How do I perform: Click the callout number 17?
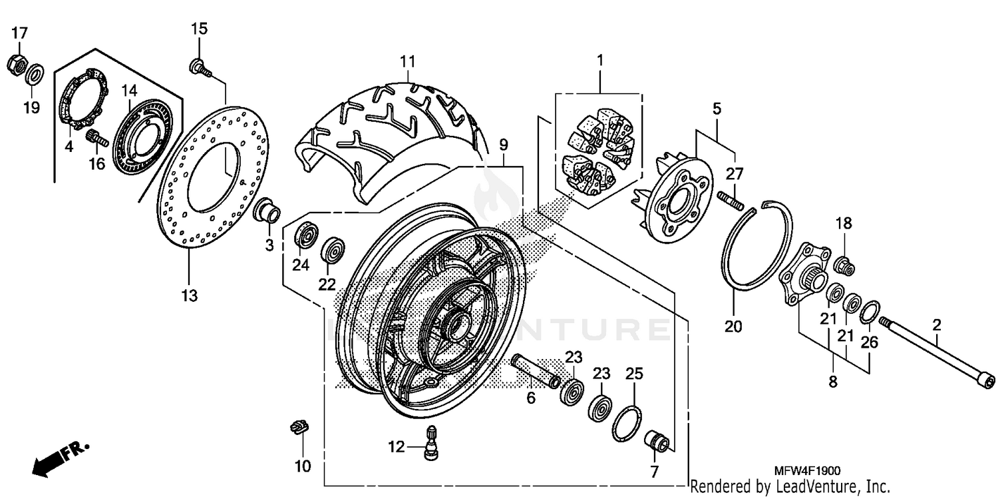coord(19,33)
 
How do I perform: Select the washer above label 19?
coord(35,72)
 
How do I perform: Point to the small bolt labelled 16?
coord(97,139)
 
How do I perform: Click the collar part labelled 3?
coord(268,211)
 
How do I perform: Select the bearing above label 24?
coord(306,235)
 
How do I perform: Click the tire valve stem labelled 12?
coord(430,441)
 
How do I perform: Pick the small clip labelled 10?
coord(300,428)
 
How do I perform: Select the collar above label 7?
coord(657,442)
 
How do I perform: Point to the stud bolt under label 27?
coord(731,199)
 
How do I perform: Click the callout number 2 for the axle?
coord(936,325)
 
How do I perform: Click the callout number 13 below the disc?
coord(190,295)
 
